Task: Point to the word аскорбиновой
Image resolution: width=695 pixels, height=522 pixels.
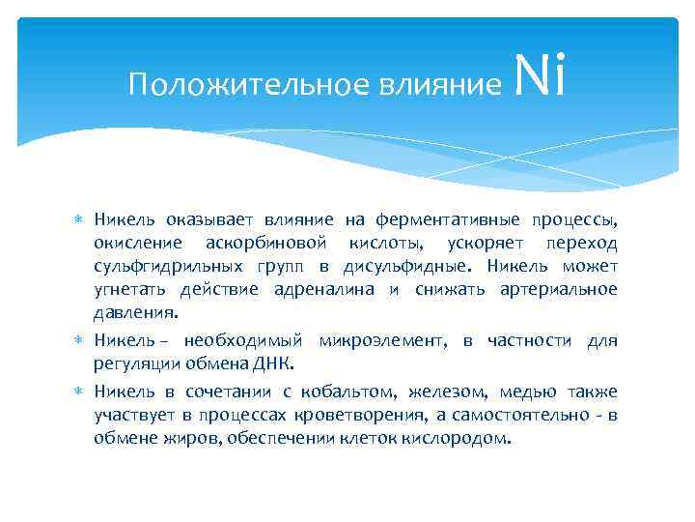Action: (x=273, y=243)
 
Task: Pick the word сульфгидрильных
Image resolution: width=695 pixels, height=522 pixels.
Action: (x=156, y=266)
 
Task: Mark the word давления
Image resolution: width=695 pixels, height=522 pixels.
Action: (x=135, y=312)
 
